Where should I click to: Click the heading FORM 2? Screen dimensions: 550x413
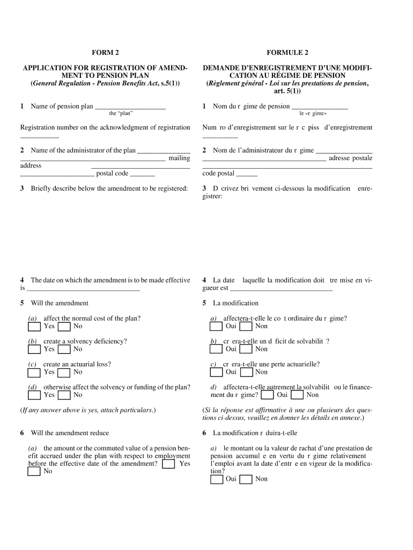pyautogui.click(x=105, y=53)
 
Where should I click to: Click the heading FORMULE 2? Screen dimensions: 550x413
pyautogui.click(x=287, y=53)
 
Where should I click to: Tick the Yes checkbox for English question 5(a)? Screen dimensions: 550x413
pyautogui.click(x=34, y=327)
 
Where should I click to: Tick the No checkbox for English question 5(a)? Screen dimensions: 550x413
pyautogui.click(x=64, y=327)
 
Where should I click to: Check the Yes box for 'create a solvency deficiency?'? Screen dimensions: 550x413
pyautogui.click(x=34, y=350)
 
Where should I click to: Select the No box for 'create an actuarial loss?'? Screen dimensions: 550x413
pyautogui.click(x=64, y=372)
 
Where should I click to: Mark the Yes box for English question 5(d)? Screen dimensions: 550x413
pyautogui.click(x=34, y=395)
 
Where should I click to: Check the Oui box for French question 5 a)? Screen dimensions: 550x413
pyautogui.click(x=216, y=327)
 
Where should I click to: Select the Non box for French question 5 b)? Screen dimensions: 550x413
pyautogui.click(x=246, y=350)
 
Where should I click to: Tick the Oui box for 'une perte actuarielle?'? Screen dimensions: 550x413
pyautogui.click(x=216, y=372)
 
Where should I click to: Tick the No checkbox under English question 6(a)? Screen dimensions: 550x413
pyautogui.click(x=34, y=472)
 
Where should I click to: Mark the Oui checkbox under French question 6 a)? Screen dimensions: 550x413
pyautogui.click(x=217, y=479)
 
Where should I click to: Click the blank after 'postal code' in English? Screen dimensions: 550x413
pyautogui.click(x=142, y=175)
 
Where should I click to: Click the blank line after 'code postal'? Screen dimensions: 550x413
pyautogui.click(x=247, y=175)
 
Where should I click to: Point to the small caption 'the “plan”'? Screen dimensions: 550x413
pyautogui.click(x=121, y=114)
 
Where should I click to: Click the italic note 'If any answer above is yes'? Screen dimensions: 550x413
pyautogui.click(x=88, y=410)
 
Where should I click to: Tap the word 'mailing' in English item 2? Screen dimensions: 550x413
pyautogui.click(x=179, y=158)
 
